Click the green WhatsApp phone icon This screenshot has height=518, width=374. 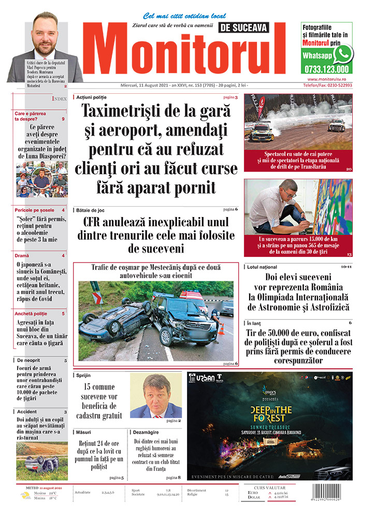343,53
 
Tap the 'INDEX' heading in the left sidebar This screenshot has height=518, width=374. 59,98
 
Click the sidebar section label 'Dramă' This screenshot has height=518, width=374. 22,255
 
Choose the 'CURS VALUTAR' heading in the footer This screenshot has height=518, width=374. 278,487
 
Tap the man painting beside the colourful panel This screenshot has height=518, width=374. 275,207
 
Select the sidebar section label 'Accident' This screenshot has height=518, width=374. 27,412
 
